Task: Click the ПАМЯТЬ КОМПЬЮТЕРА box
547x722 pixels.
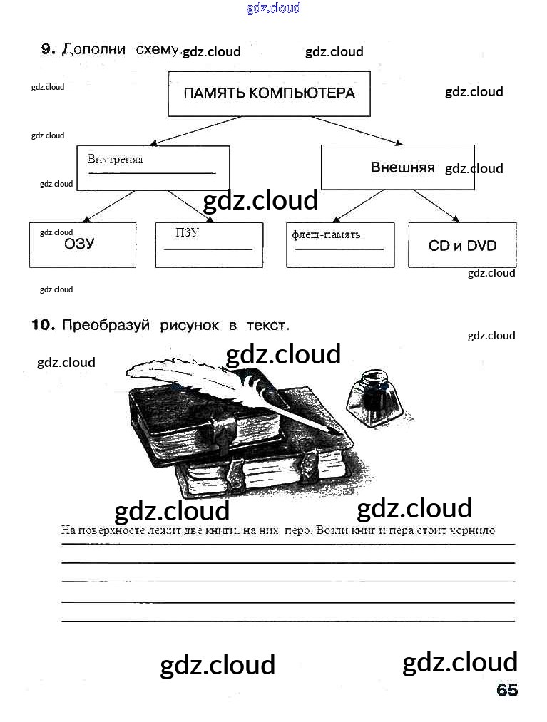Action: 269,93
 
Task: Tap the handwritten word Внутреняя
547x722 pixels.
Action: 116,160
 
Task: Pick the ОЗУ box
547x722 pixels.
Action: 82,244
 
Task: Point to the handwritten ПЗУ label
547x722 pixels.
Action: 187,233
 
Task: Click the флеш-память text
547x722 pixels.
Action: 326,234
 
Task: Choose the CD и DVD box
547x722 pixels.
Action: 462,245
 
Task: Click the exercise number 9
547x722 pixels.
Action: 48,49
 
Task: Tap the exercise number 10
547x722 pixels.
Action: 43,325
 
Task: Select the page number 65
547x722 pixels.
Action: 507,690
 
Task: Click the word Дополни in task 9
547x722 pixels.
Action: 94,49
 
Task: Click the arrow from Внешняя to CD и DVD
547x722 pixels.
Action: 436,205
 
